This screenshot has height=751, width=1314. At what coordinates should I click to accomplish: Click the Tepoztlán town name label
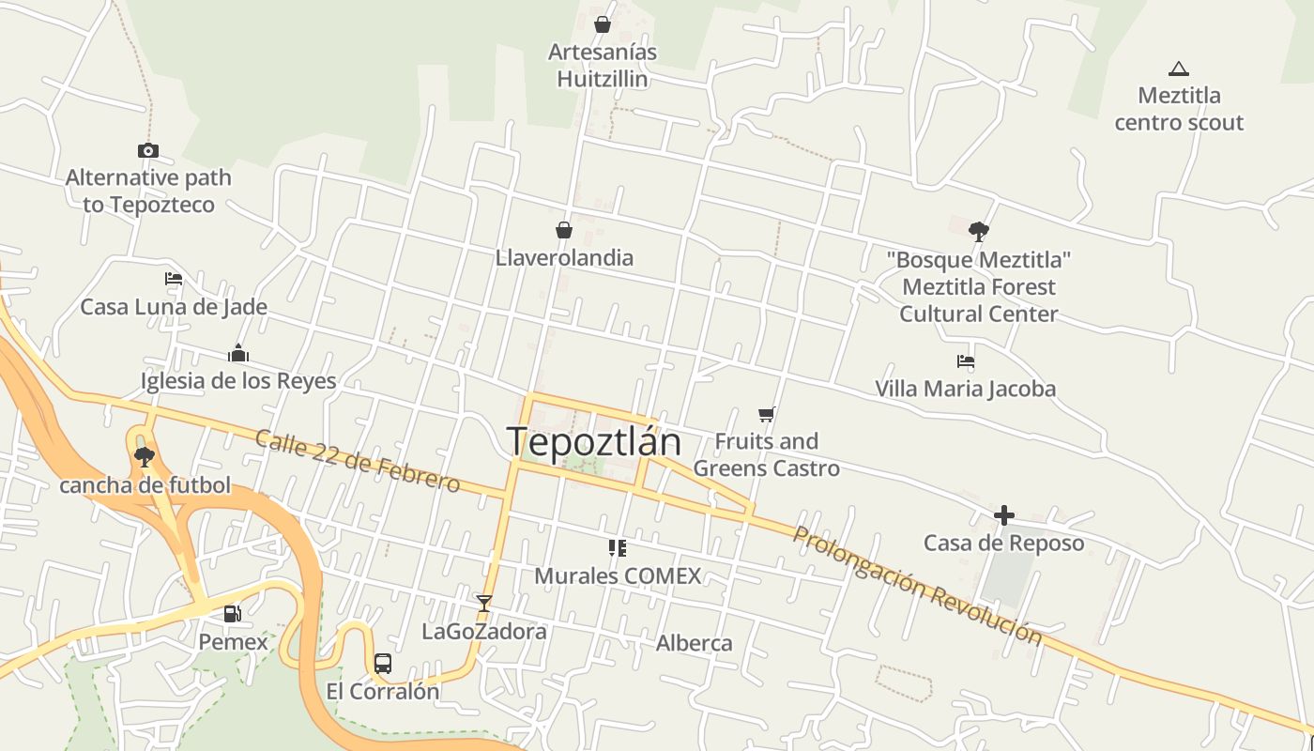594,441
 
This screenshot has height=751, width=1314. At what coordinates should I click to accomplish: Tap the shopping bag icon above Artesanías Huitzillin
603,24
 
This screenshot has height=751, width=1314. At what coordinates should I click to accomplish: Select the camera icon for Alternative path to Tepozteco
147,150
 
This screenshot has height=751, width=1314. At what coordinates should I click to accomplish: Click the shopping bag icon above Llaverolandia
564,230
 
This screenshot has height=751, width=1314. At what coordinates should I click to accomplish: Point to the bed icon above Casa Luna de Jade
173,279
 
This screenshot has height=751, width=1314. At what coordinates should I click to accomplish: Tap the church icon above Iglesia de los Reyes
238,354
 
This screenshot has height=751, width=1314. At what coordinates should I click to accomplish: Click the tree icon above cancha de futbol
145,457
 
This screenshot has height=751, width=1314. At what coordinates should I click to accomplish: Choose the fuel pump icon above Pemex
232,614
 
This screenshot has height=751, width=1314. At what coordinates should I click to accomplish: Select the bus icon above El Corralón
383,664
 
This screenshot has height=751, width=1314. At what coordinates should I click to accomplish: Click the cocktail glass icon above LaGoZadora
484,603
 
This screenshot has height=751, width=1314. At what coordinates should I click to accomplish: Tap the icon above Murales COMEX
617,547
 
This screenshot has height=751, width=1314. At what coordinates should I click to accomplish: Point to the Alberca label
695,643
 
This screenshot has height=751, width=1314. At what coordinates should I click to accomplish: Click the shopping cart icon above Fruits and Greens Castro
767,414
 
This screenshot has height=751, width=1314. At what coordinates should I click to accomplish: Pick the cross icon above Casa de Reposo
1004,515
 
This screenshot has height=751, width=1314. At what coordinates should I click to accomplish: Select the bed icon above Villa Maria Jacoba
965,361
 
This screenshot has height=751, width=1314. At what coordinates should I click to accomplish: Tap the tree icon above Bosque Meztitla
979,231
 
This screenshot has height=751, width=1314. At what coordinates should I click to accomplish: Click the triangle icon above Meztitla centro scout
1179,69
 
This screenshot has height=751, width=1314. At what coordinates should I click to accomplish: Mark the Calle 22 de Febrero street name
358,461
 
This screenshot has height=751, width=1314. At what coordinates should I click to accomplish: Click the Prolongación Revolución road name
917,585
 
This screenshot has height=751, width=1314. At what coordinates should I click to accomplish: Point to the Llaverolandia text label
565,257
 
